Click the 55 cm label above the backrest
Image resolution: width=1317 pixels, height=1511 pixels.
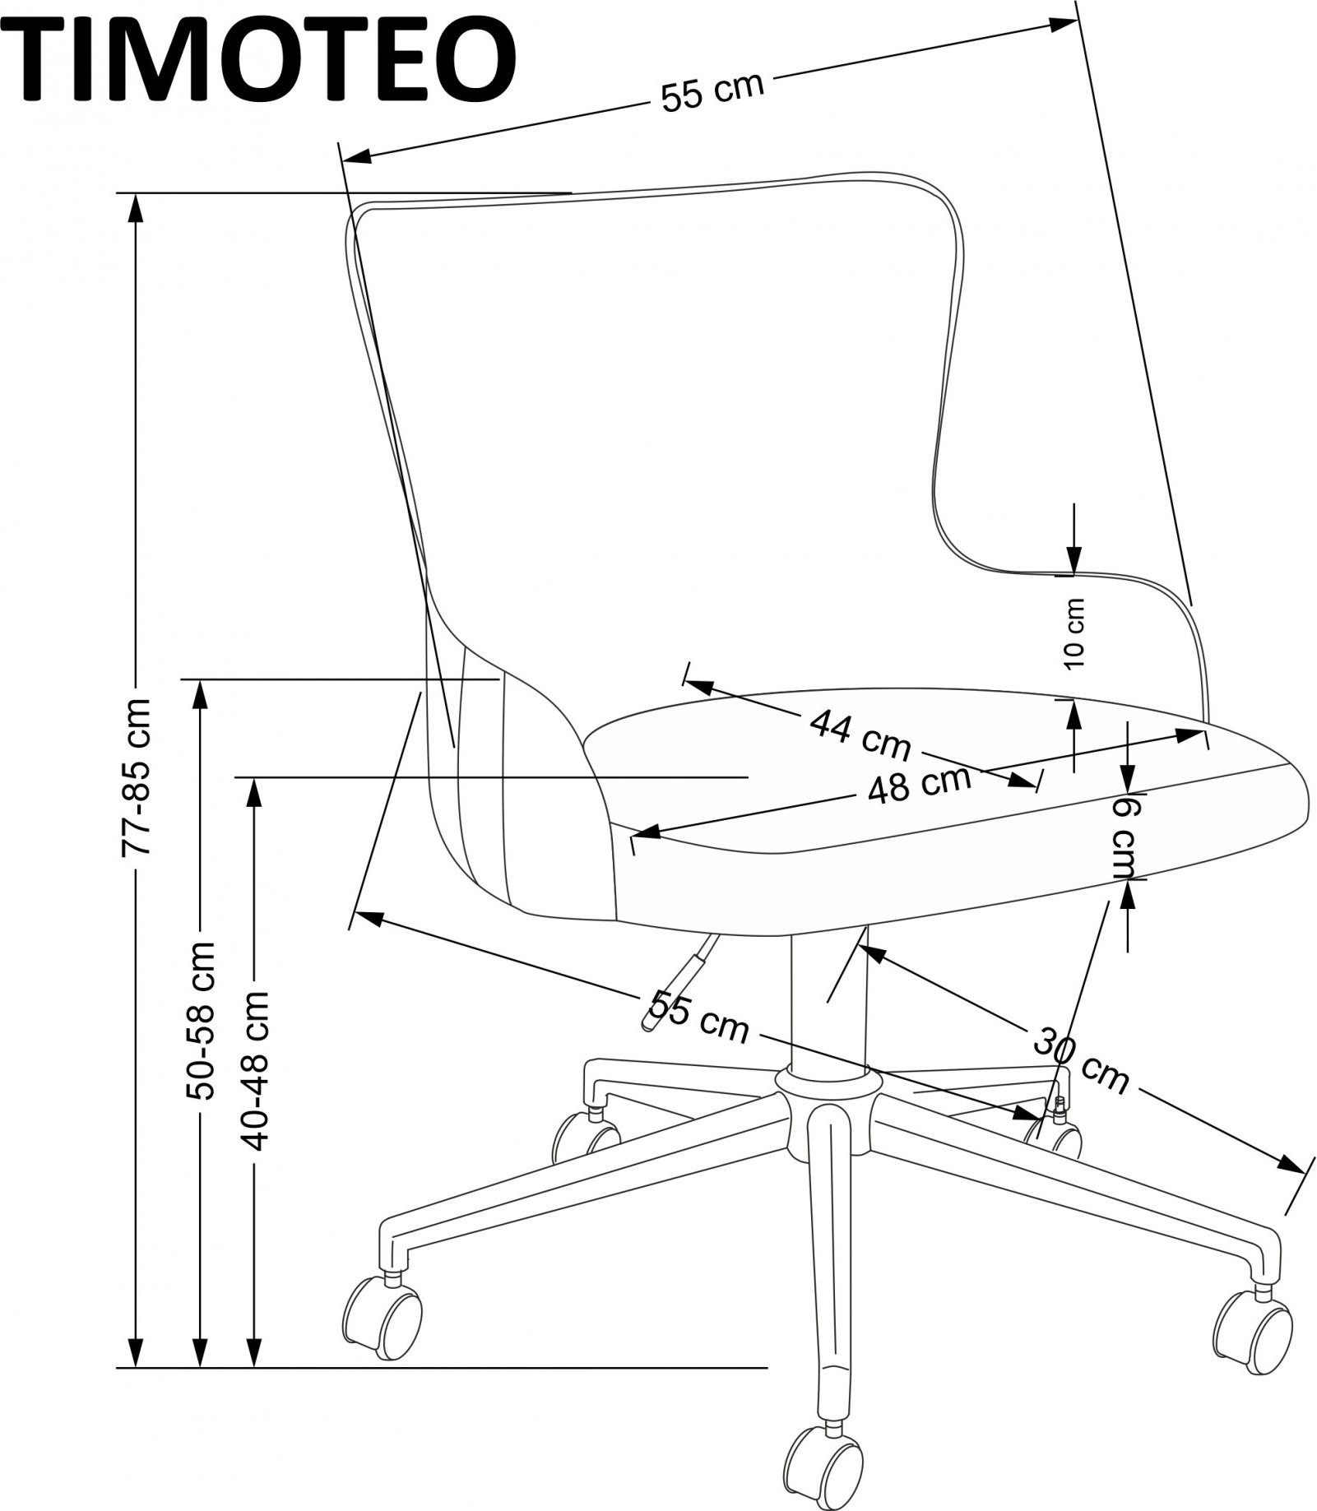712,91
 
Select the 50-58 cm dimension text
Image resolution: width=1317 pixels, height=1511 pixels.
200,1021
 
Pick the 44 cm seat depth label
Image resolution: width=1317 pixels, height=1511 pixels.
860,734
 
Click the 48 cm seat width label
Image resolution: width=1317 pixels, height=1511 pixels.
920,785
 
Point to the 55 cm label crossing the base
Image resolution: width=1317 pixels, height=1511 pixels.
699,1017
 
